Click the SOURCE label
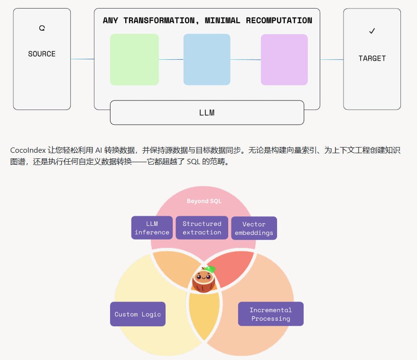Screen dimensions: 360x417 pos(42,54)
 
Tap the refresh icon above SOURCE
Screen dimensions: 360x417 pos(42,28)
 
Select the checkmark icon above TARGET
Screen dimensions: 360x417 pos(372,31)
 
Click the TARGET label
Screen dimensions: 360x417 pos(372,58)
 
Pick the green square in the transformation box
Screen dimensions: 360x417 pos(134,59)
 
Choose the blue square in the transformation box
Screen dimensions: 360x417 pos(207,59)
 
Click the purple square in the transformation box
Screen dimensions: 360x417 pos(284,59)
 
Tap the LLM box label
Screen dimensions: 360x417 pos(207,113)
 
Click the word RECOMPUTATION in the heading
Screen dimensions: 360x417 pos(279,20)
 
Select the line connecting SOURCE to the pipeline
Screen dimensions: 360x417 pos(82,59)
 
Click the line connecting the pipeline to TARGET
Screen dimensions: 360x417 pos(332,59)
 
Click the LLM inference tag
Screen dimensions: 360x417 pos(152,228)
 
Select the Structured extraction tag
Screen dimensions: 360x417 pos(202,228)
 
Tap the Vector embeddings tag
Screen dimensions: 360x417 pos(254,228)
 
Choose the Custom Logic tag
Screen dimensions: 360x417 pos(138,314)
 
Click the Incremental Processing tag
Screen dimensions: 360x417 pos(270,314)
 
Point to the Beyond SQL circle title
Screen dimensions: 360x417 pos(204,201)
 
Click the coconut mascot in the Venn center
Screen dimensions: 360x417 pos(204,280)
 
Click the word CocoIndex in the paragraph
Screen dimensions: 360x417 pos(28,150)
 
